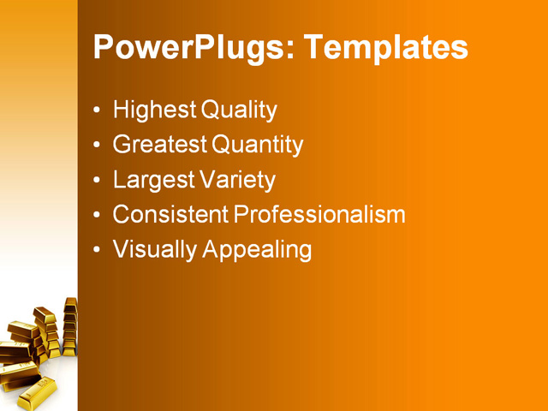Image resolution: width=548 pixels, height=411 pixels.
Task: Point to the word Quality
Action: (238, 110)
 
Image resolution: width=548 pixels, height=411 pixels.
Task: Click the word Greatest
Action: (160, 145)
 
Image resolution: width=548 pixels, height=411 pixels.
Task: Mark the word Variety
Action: (237, 181)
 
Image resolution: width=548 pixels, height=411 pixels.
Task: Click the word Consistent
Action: (170, 214)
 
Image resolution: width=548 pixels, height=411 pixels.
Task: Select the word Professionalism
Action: (319, 214)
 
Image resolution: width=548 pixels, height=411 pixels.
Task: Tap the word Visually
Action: (154, 250)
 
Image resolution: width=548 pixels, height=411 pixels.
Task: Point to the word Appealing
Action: (257, 250)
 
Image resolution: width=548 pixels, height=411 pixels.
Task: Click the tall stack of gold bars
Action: (70, 325)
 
